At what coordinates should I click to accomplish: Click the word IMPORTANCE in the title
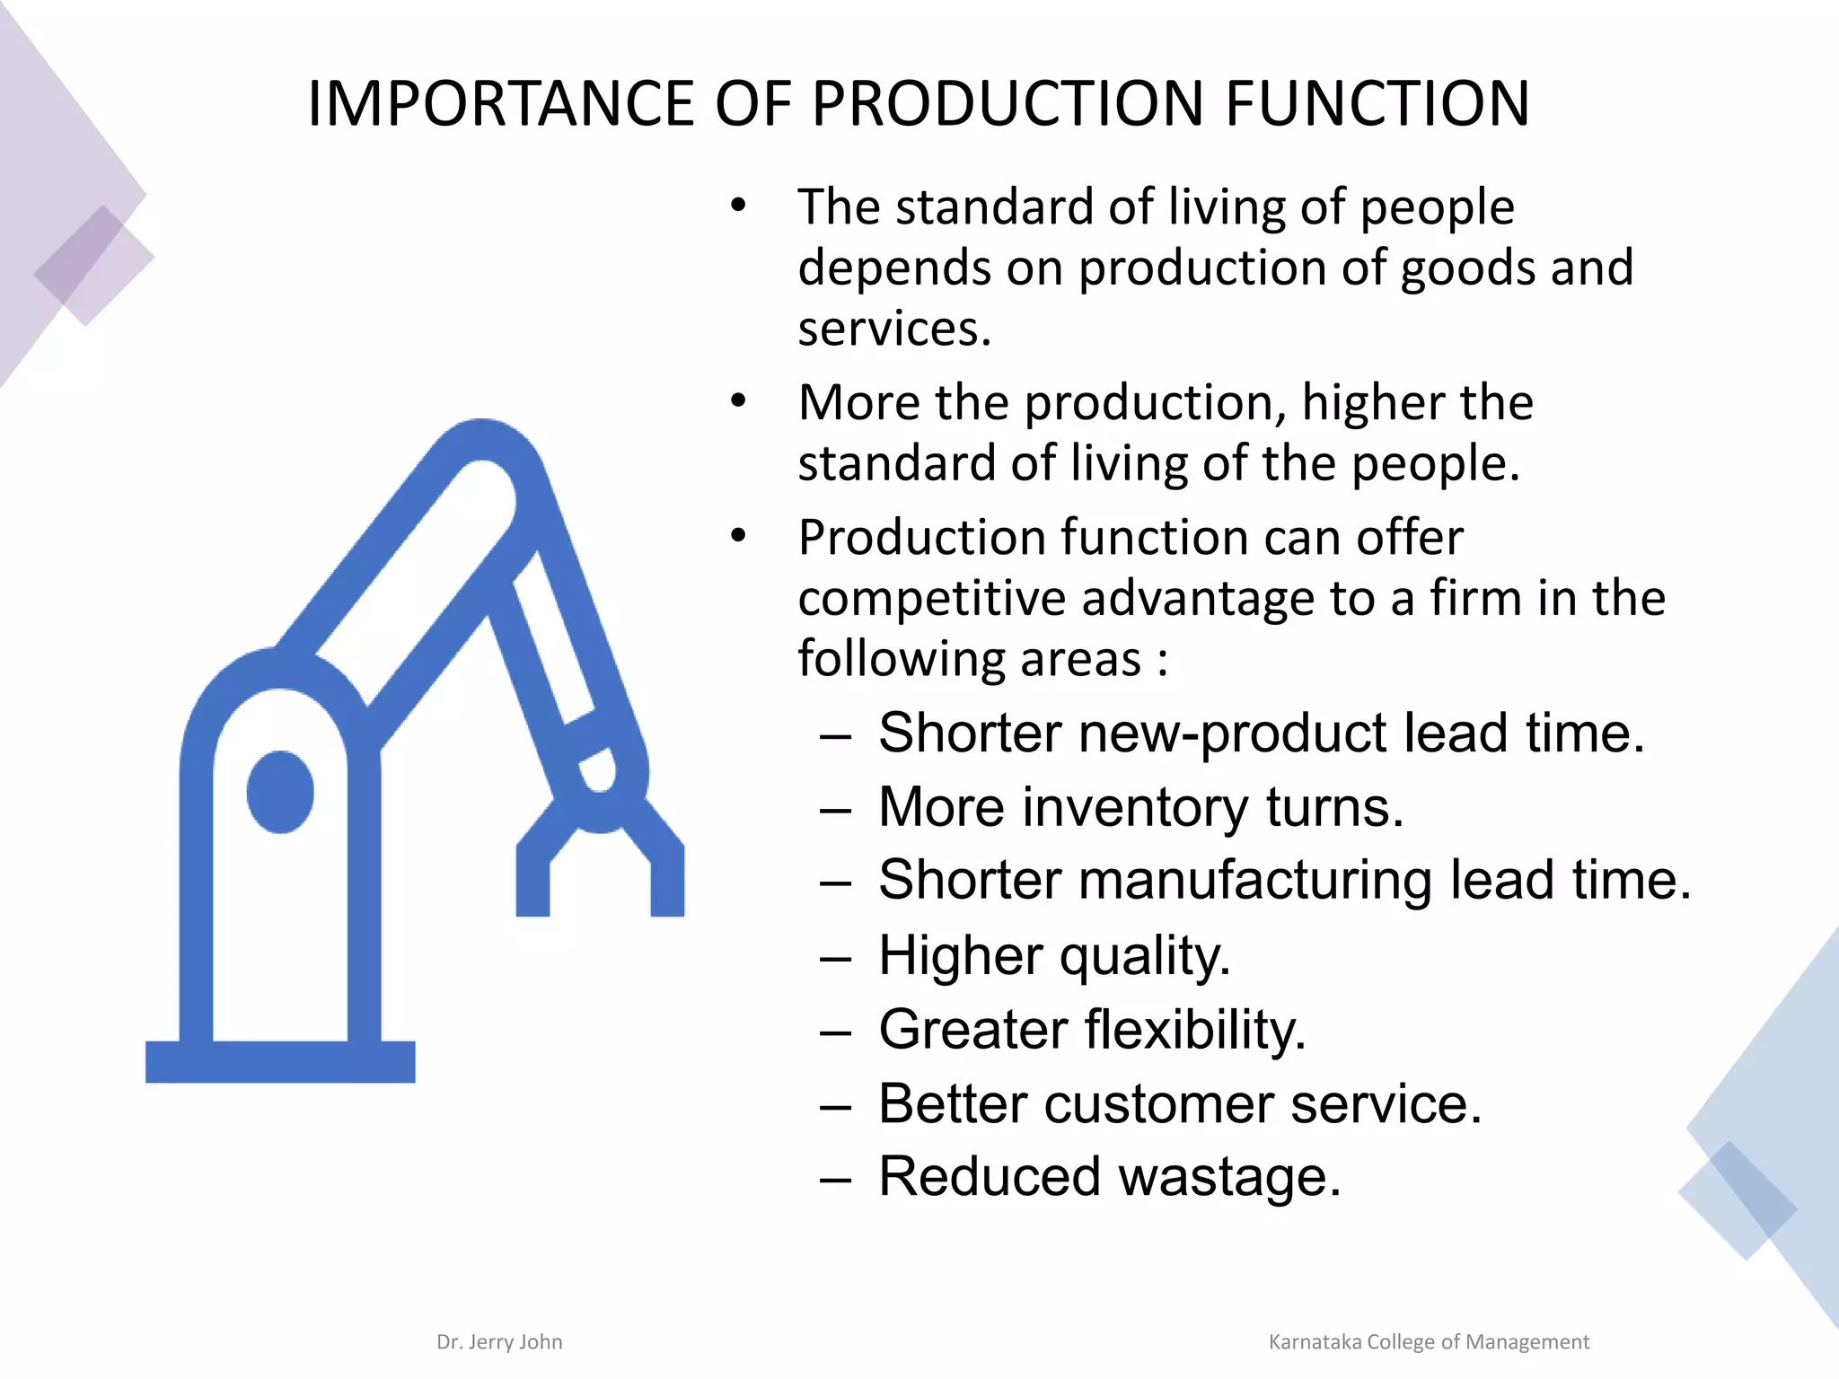[x=501, y=103]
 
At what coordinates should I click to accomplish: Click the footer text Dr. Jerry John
[x=499, y=1341]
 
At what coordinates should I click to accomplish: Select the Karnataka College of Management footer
[x=1428, y=1341]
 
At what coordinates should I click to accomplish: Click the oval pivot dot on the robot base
[x=280, y=792]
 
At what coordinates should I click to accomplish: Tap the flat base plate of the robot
[x=280, y=1061]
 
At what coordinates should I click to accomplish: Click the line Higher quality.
[x=1054, y=954]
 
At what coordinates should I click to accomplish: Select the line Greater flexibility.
[x=1092, y=1029]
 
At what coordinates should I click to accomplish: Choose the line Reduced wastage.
[x=1109, y=1176]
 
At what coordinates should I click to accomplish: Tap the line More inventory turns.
[x=1140, y=806]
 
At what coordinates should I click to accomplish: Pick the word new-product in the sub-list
[x=1233, y=733]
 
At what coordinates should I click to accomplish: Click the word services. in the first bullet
[x=894, y=329]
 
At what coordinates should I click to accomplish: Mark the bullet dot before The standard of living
[x=738, y=206]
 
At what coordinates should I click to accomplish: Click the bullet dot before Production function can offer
[x=738, y=536]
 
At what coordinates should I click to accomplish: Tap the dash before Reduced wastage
[x=835, y=1179]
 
